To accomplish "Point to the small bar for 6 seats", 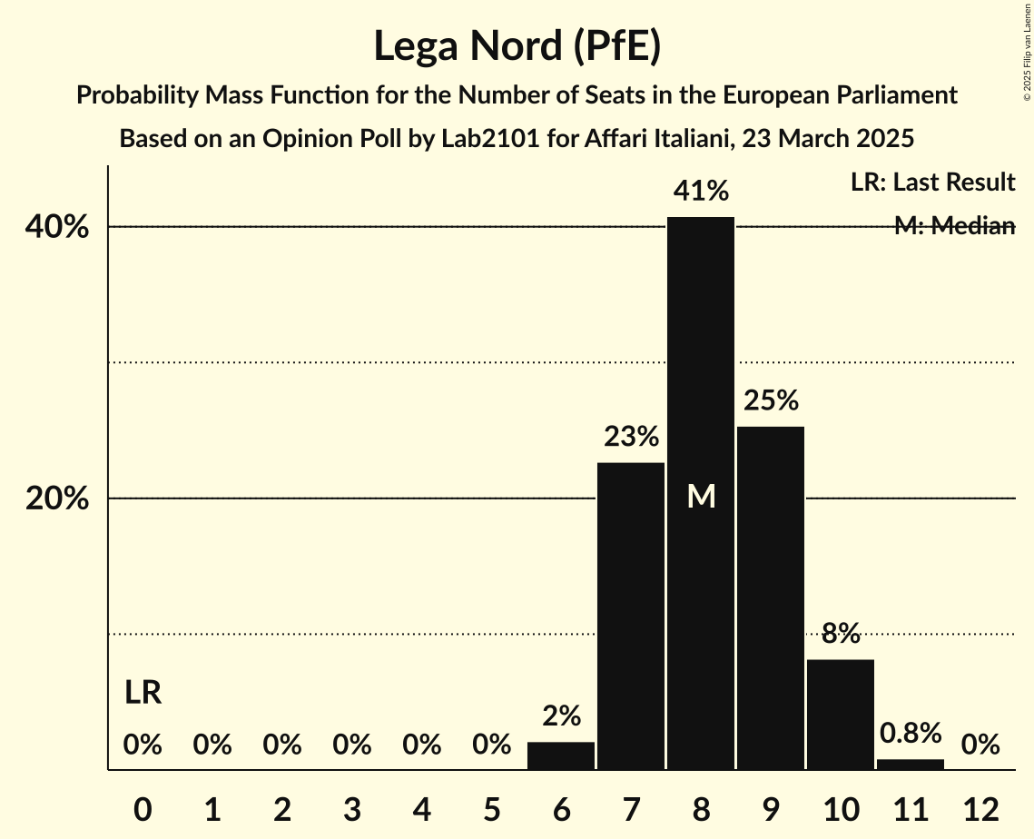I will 561,755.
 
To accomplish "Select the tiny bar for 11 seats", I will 911,765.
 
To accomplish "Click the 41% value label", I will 701,191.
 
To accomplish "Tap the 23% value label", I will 631,437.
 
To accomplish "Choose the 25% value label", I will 771,400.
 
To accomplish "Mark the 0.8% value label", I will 911,733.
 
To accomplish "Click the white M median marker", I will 701,496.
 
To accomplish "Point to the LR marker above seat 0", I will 143,694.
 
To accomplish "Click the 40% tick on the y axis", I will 57,227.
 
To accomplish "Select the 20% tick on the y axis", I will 57,499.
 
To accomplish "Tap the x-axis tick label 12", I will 980,809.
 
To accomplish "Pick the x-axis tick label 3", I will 352,809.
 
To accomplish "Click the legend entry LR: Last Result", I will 932,183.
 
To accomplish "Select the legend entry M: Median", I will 954,226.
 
